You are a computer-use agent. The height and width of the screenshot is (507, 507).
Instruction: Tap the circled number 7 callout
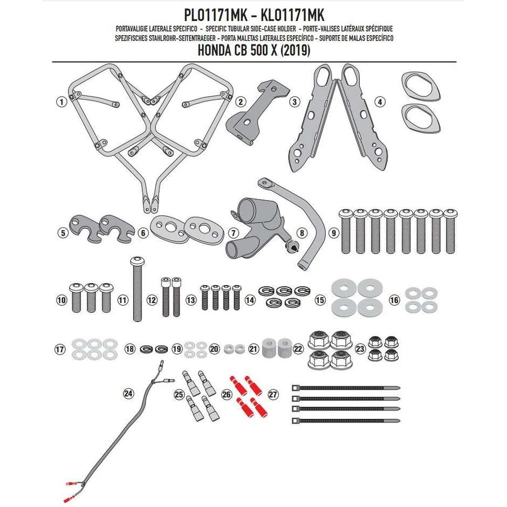pos(233,233)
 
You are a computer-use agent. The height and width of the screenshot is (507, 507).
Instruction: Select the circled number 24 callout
pos(128,394)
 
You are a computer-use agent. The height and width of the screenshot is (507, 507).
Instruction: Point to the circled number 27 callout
pos(273,395)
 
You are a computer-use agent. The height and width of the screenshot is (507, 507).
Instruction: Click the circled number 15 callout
pos(320,299)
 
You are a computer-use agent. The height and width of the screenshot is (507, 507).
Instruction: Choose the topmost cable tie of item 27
pos(345,388)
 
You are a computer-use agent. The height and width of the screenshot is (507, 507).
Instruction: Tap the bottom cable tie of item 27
pos(345,420)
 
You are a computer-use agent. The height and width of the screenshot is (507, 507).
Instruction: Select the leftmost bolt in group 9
pos(346,232)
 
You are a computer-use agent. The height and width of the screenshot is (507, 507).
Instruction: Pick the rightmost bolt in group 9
pos(450,232)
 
